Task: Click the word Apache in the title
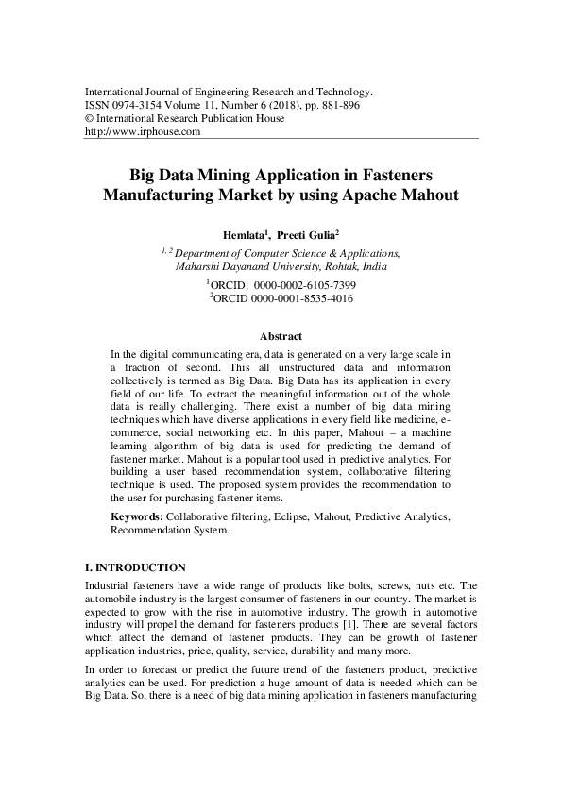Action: tap(362, 196)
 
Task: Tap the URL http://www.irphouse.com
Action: tap(143, 132)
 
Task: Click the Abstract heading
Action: tap(281, 336)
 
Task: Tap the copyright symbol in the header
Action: tap(90, 119)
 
